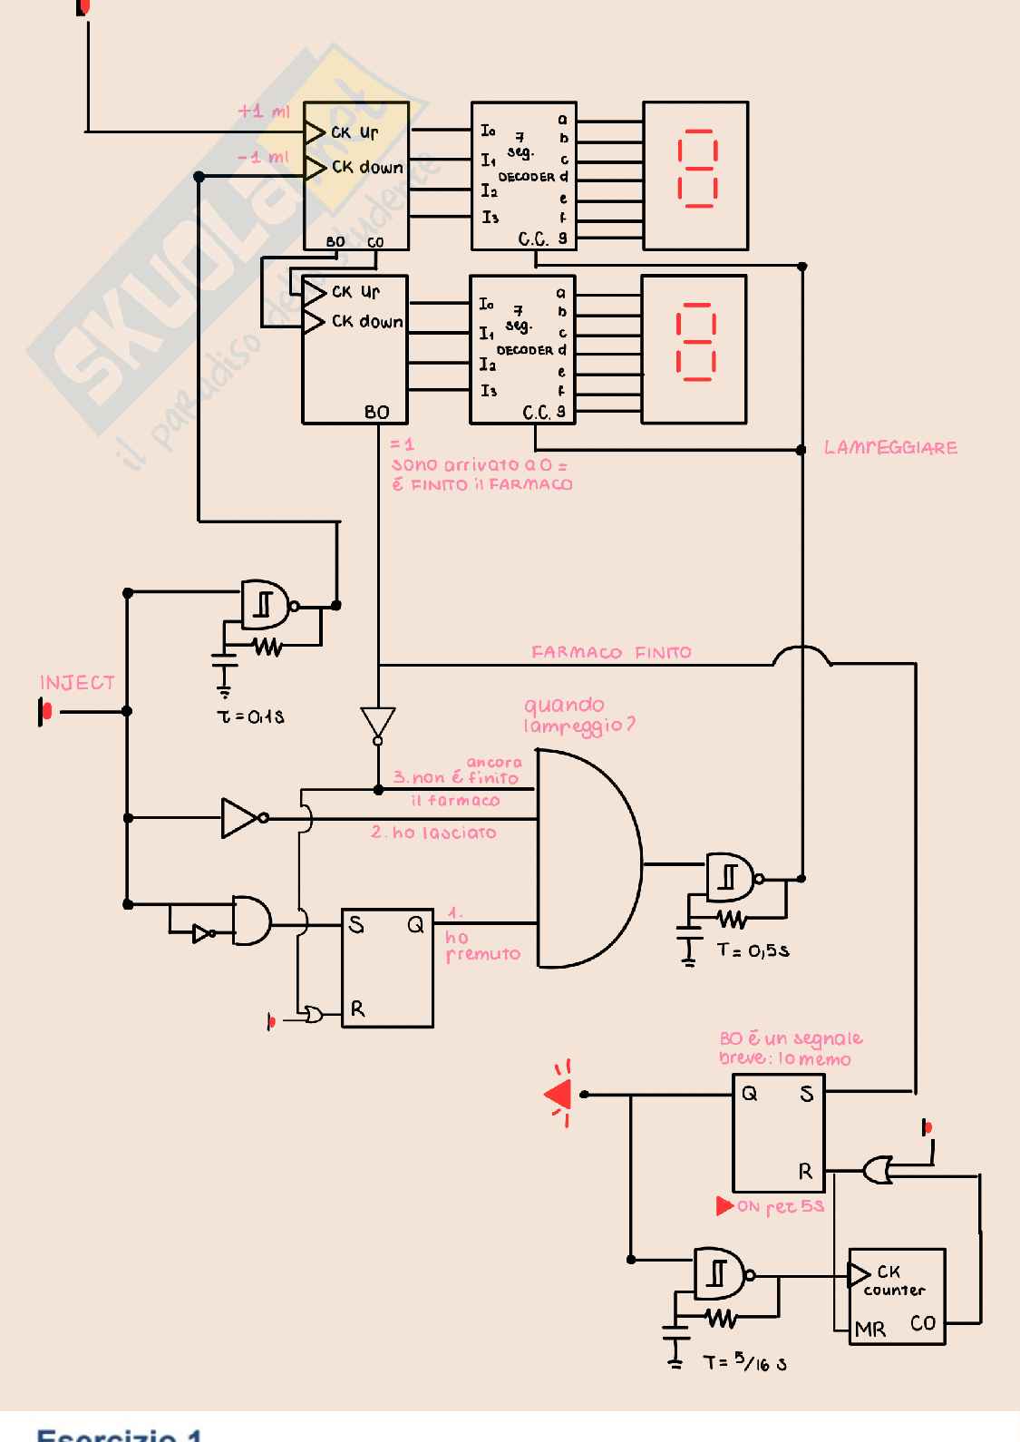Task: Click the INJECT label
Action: [77, 683]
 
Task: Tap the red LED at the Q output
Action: [559, 1095]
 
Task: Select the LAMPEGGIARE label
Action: [890, 448]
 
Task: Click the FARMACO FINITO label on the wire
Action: [611, 652]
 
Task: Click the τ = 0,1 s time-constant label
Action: [250, 716]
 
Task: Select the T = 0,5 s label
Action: [753, 950]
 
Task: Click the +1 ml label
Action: [264, 112]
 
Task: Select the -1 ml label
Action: [263, 157]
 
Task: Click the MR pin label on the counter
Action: [869, 1330]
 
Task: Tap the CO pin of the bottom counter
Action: [923, 1323]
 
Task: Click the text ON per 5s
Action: [779, 1206]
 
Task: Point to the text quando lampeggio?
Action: [578, 715]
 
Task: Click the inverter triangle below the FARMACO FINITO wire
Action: [377, 723]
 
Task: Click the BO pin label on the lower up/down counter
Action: [376, 412]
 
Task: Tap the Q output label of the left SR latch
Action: [415, 925]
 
